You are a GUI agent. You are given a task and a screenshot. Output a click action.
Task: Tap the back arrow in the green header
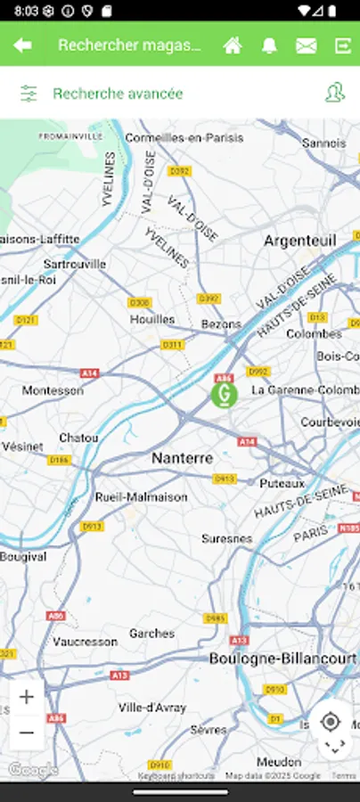[23, 45]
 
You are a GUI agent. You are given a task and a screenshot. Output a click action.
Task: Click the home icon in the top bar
[233, 45]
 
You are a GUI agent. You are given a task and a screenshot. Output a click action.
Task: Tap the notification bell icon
[269, 45]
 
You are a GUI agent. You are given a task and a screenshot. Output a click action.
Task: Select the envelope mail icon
[306, 45]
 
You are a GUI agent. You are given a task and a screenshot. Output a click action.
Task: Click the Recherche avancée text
[118, 94]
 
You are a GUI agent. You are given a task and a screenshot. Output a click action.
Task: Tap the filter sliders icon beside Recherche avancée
[29, 94]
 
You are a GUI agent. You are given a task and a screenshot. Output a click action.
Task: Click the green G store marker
[224, 392]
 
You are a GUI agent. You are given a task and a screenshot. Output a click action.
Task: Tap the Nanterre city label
[183, 457]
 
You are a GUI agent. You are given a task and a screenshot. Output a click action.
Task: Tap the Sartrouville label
[75, 264]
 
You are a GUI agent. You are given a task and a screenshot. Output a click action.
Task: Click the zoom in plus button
[27, 697]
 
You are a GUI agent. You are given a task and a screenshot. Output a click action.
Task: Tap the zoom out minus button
[27, 732]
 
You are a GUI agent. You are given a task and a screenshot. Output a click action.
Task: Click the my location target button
[331, 721]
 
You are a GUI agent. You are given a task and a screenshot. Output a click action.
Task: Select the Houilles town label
[152, 319]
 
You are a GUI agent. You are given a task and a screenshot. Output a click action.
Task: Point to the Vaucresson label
[86, 641]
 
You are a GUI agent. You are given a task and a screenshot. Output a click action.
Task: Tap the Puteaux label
[282, 483]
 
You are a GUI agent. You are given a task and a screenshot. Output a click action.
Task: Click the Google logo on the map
[33, 769]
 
